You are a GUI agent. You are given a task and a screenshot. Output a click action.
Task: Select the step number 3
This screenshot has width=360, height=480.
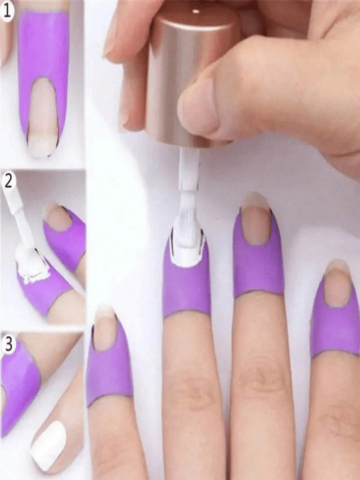click(7, 343)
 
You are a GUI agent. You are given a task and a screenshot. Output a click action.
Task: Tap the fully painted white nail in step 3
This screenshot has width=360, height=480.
click(49, 445)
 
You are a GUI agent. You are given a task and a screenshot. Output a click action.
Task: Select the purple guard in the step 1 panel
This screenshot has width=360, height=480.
click(42, 45)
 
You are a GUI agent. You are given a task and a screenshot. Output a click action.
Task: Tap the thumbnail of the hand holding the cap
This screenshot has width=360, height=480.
click(197, 108)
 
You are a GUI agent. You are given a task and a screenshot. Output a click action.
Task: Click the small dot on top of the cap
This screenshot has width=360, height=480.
click(195, 11)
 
